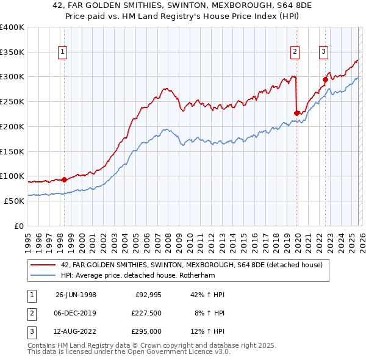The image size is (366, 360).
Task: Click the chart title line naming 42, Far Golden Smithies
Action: pos(182,7)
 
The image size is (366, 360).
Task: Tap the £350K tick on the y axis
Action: pos(12,52)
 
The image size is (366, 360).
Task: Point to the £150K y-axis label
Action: pos(12,151)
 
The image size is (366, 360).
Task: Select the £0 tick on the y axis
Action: pos(18,226)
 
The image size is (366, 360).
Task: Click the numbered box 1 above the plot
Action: pos(63,52)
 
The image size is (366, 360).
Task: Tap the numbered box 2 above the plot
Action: pos(295,52)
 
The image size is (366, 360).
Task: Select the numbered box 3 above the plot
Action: pos(323,52)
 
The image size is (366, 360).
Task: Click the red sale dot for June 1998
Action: pos(64,179)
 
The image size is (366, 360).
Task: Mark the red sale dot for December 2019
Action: pos(297,113)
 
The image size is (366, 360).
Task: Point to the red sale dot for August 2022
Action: pos(326,79)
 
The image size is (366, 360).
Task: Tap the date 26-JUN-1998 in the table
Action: pos(76,295)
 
